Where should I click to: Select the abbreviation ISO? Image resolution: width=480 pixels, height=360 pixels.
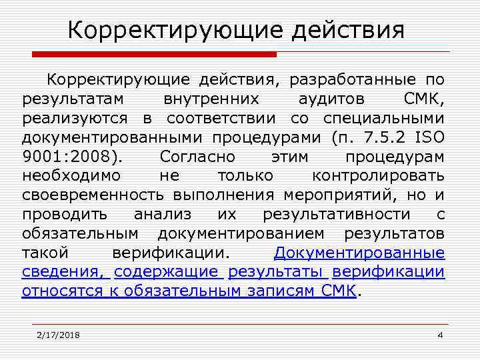coord(430,139)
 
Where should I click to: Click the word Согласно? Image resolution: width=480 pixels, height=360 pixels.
coord(196,158)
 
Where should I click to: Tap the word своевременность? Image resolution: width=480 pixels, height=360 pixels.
coord(93,196)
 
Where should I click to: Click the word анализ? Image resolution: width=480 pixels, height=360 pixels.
coord(163,215)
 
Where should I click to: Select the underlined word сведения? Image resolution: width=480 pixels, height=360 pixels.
coord(61,273)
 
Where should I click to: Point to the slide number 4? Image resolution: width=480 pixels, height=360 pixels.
coord(440,335)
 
